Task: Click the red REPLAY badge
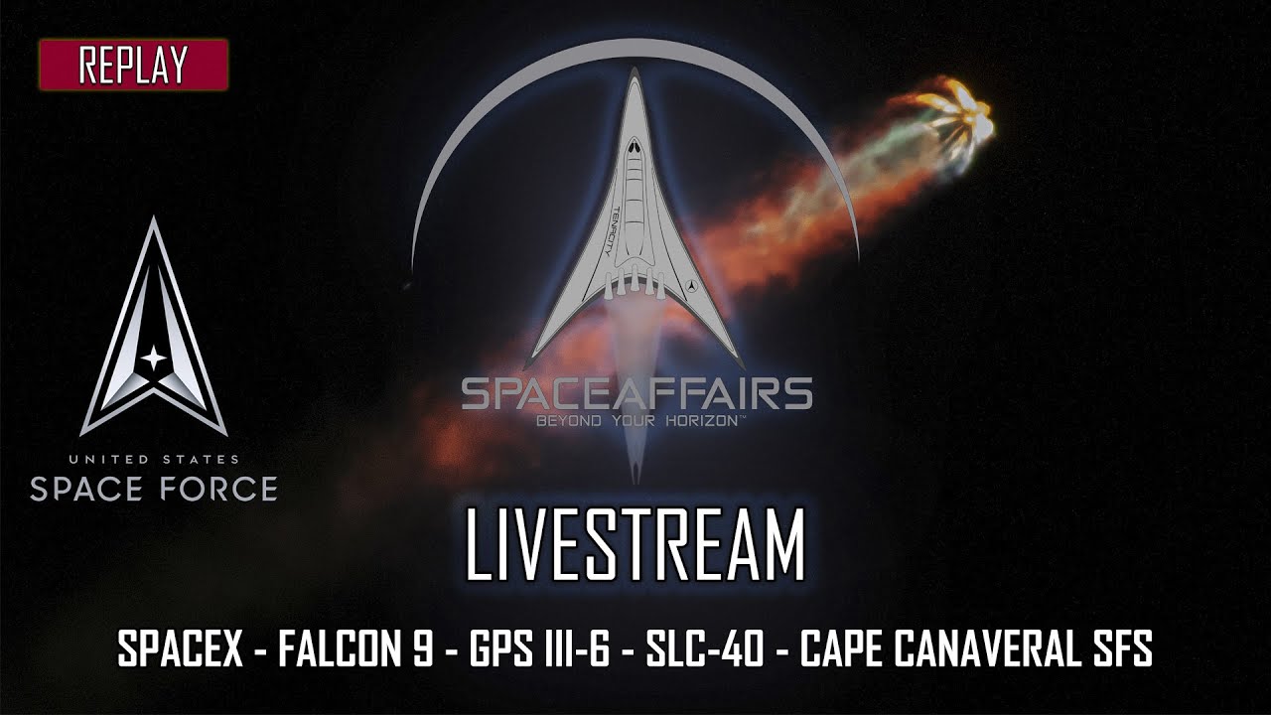[134, 66]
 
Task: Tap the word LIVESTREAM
[635, 545]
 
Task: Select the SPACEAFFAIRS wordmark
[636, 394]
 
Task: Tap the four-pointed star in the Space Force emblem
[154, 357]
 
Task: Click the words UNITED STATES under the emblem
[154, 460]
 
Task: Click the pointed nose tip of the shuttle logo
[635, 71]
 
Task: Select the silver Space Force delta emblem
[154, 328]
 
